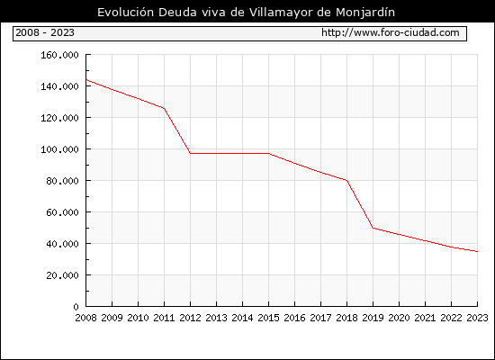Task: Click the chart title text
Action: [x=246, y=12]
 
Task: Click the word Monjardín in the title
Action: [x=365, y=13]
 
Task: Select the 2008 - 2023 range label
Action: [x=45, y=32]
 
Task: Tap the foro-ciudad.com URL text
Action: [x=391, y=32]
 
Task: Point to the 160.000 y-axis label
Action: [x=59, y=55]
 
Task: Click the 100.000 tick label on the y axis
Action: [x=59, y=149]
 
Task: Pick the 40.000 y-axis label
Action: [x=62, y=244]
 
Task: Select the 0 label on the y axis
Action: [x=76, y=307]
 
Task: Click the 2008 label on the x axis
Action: [x=85, y=318]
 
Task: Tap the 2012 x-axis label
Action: [x=191, y=318]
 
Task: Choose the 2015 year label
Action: [x=269, y=318]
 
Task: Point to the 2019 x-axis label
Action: [x=373, y=318]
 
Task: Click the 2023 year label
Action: [x=477, y=318]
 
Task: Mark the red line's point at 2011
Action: [x=164, y=109]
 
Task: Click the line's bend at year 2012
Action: [x=191, y=154]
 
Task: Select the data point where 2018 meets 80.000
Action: [x=346, y=180]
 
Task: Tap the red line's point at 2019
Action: [x=373, y=228]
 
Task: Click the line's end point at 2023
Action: [x=477, y=252]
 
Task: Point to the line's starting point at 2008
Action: [x=86, y=80]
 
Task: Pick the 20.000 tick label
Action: [x=62, y=275]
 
